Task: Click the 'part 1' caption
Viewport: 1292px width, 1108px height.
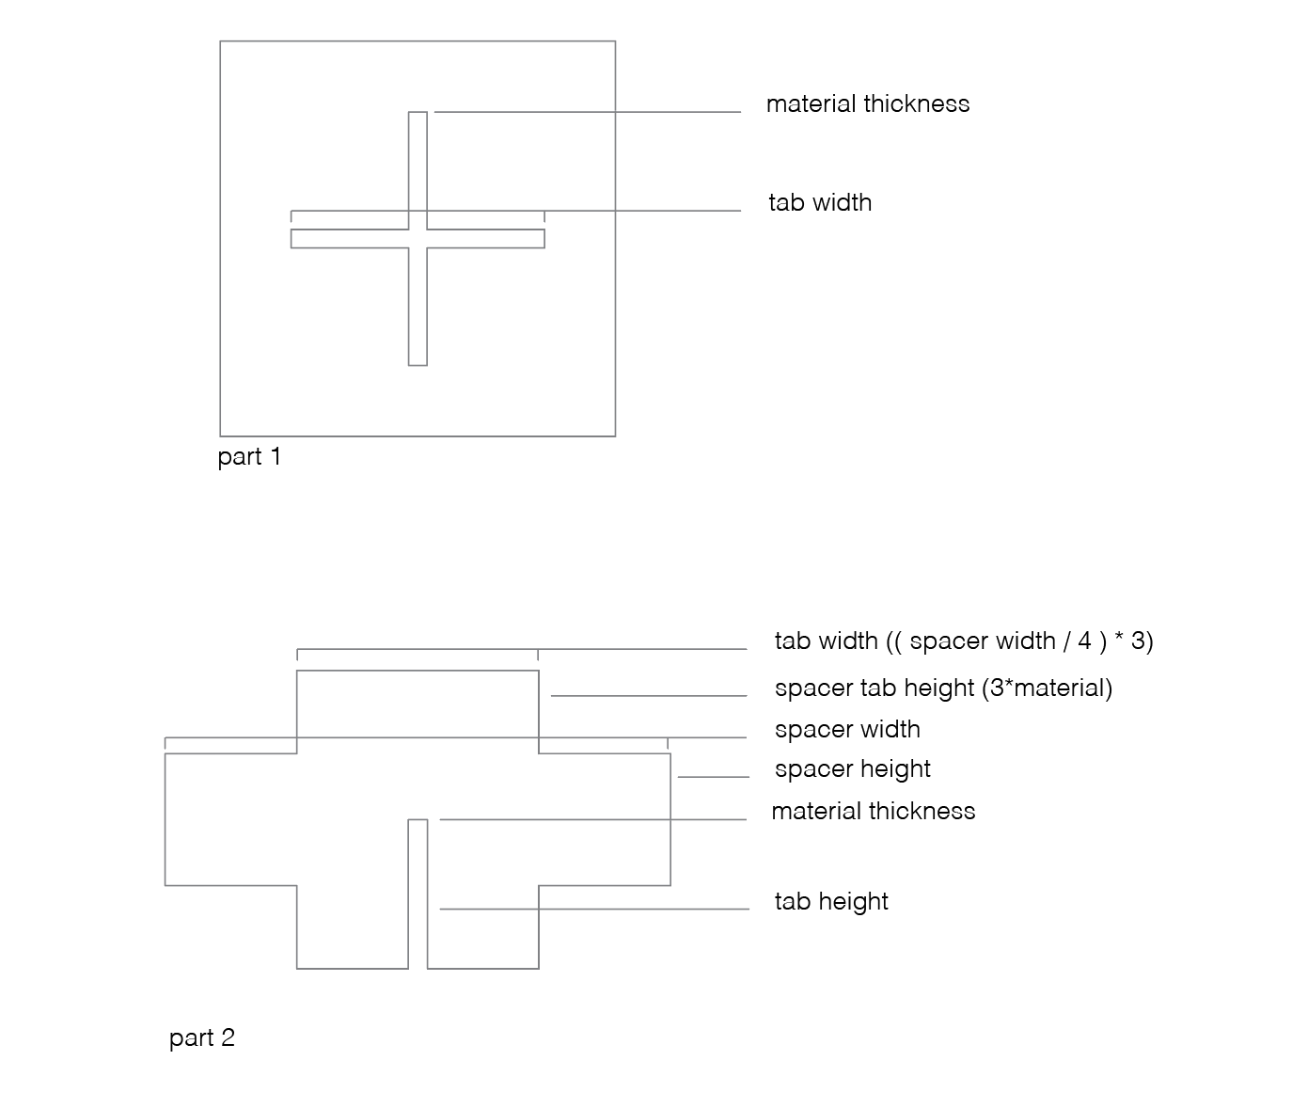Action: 249,457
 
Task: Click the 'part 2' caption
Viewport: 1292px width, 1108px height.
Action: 202,1038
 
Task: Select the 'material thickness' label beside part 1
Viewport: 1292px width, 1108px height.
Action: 868,103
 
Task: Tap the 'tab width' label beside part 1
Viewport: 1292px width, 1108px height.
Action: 820,202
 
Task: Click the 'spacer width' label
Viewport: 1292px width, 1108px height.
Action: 847,730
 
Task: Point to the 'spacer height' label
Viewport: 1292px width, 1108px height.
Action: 853,769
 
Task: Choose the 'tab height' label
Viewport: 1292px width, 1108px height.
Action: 831,902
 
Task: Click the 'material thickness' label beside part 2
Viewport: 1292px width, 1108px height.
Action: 874,812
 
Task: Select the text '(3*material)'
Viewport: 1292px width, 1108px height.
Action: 1047,689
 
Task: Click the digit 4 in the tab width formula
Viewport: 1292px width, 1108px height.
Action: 1084,641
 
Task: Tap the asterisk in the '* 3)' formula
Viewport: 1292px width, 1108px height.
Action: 1120,636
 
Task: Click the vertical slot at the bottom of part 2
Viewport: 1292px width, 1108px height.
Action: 418,894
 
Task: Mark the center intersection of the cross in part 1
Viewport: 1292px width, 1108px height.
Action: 418,239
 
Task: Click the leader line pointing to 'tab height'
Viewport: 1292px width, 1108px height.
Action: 594,910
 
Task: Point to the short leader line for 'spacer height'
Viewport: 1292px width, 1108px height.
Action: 714,777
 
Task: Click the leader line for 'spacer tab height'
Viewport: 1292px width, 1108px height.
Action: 649,696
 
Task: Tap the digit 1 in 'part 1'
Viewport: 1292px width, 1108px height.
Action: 276,456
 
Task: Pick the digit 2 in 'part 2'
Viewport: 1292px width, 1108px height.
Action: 228,1037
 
